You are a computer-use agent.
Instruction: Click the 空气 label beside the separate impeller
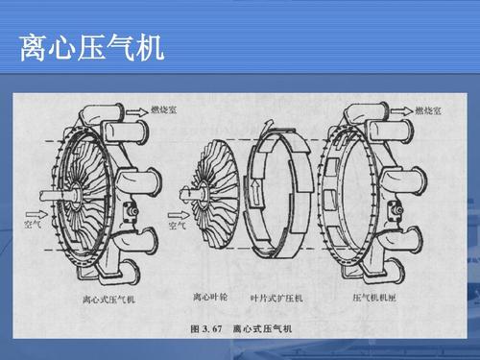tap(177, 227)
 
